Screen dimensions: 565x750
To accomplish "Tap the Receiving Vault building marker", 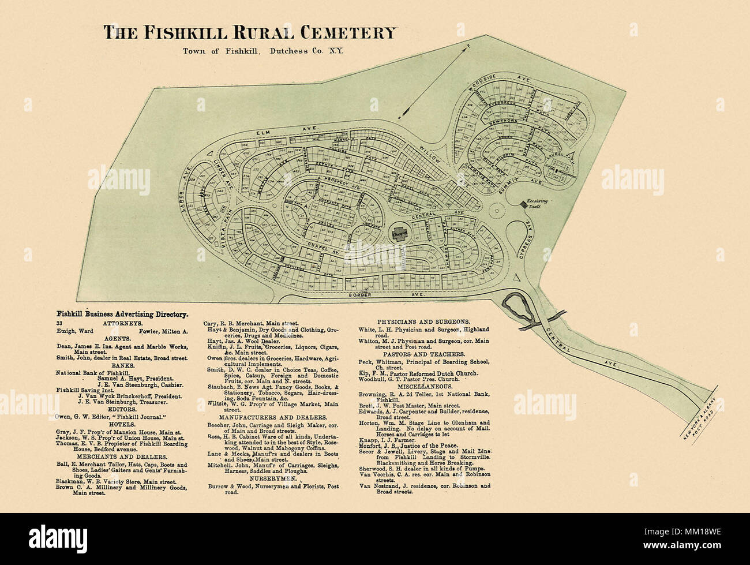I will click(524, 204).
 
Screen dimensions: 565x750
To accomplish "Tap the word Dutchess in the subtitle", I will click(285, 51).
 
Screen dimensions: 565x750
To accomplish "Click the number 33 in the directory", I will click(59, 323).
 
